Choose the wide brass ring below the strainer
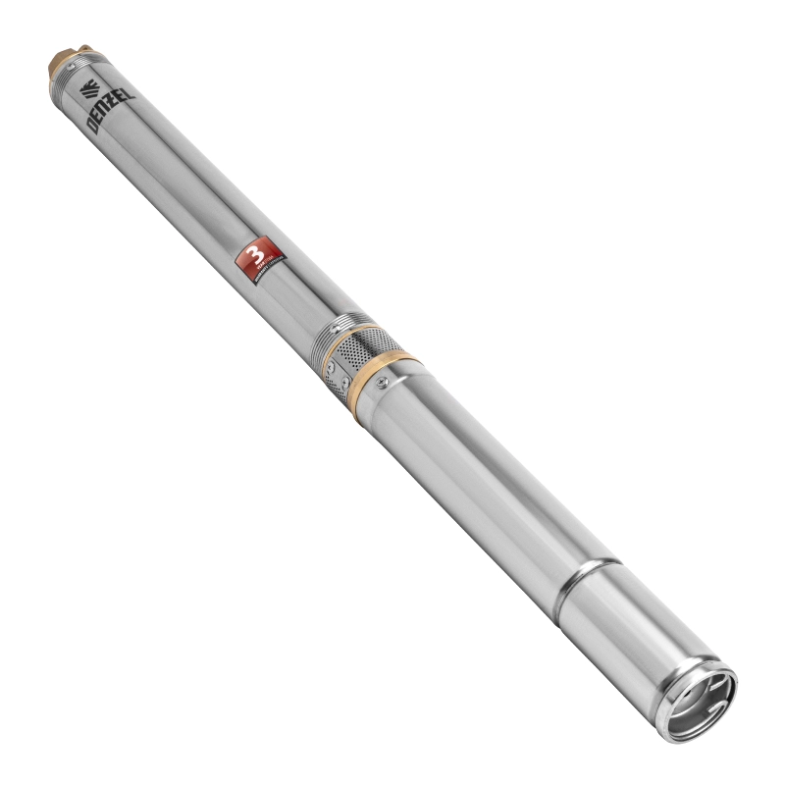[392, 368]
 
